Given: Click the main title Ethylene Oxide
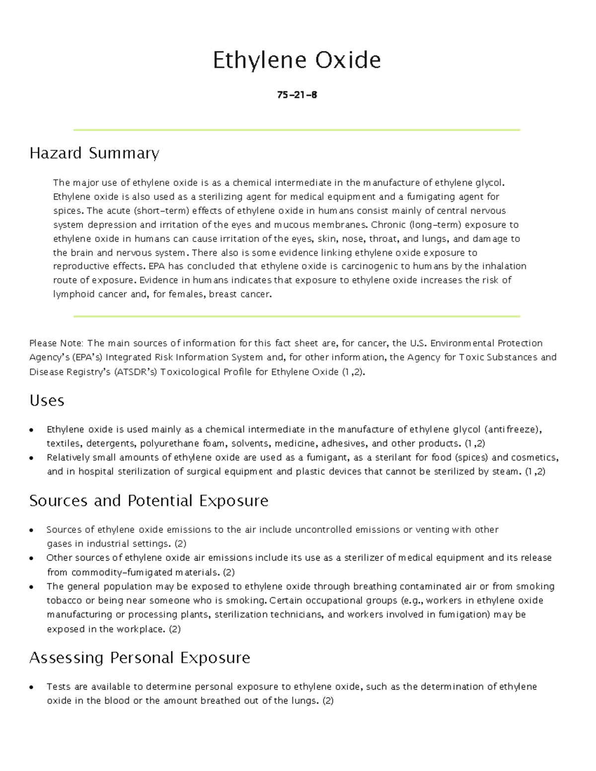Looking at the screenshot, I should pos(297,60).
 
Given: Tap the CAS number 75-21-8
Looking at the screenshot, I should pos(297,95).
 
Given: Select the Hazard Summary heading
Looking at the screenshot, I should pos(94,153).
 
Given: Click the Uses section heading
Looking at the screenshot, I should pos(47,401).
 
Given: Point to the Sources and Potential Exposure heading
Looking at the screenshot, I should pos(149,500).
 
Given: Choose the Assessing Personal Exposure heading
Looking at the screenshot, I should pos(140,658).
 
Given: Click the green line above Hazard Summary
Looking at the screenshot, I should pos(297,130).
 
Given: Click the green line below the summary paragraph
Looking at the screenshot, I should pos(297,316).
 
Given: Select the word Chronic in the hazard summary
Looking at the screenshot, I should pos(388,224).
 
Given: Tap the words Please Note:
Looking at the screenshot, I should pos(57,343).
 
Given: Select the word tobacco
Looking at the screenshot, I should pos(65,601).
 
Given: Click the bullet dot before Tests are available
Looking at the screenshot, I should pos(32,688).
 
